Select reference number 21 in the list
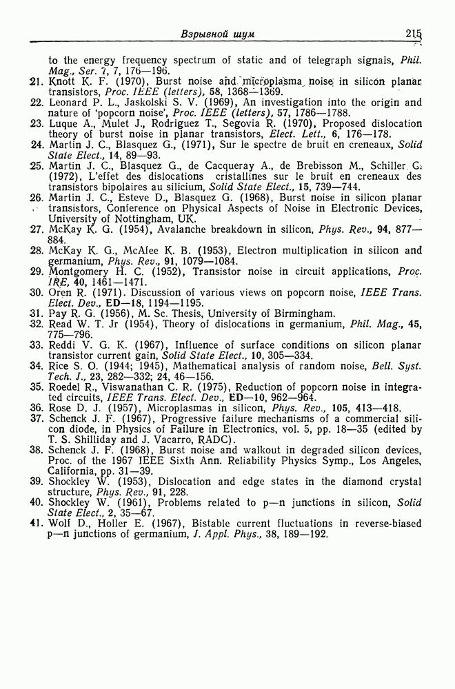pos(37,82)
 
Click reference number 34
pos(37,366)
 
